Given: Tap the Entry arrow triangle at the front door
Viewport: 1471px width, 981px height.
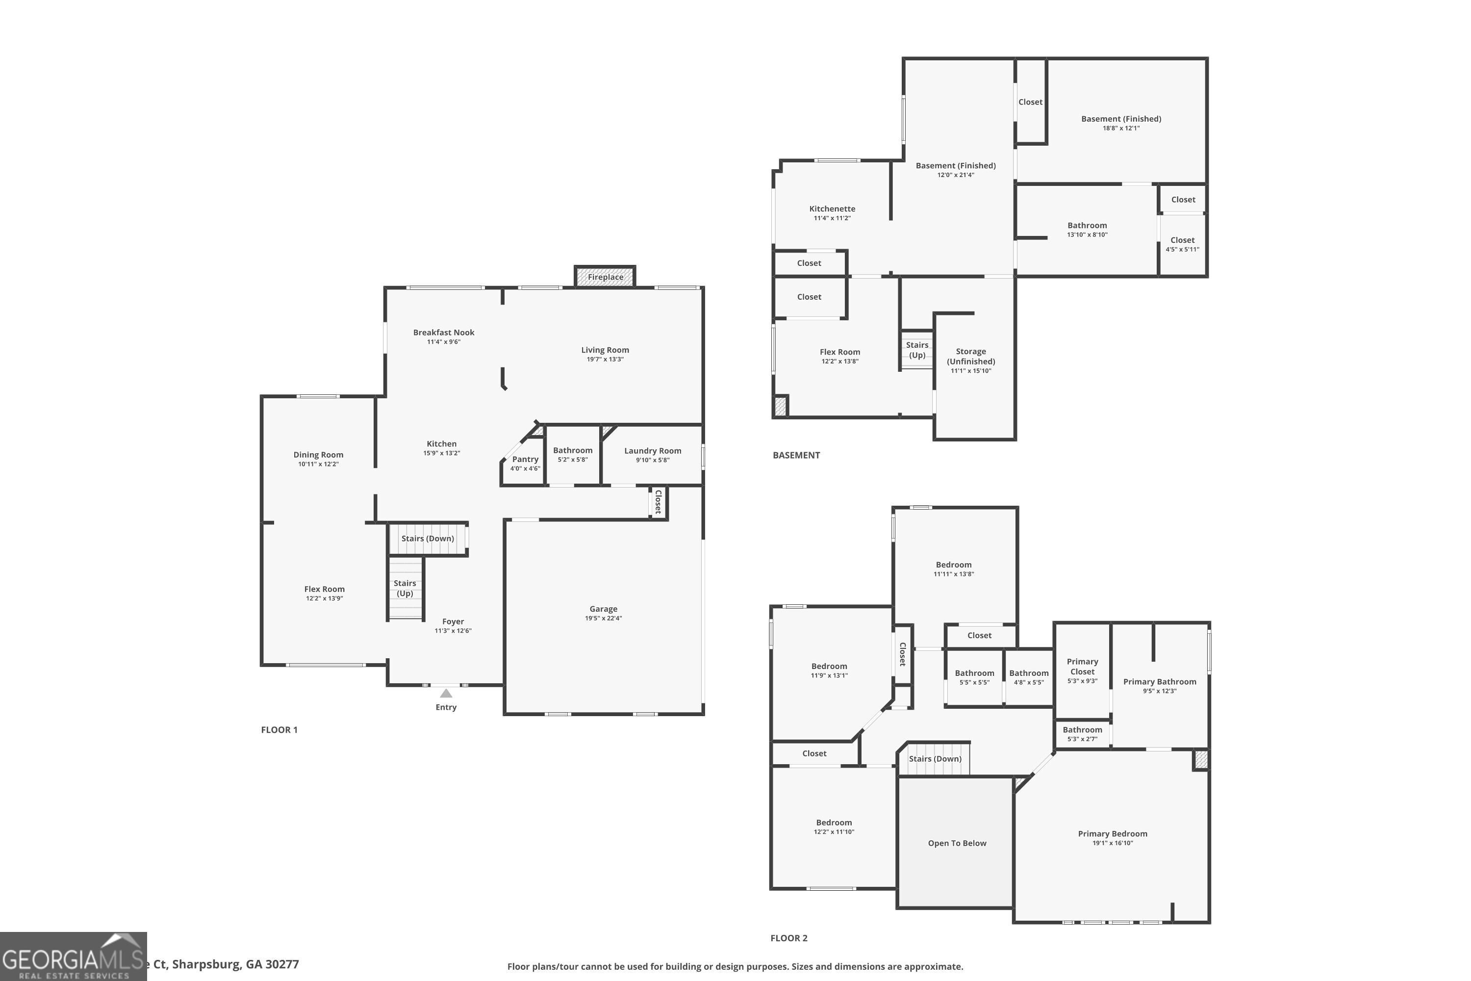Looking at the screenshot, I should point(446,693).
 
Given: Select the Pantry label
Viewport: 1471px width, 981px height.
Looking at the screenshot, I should point(525,459).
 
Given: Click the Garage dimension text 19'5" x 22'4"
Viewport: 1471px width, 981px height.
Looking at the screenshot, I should point(603,618).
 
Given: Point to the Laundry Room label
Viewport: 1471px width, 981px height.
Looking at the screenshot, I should point(652,450).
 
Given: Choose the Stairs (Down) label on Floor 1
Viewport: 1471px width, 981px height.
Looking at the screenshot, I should point(427,539).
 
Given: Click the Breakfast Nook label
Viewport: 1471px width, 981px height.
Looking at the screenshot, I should point(443,332).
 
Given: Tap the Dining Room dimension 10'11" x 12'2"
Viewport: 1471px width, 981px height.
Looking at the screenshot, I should point(318,464).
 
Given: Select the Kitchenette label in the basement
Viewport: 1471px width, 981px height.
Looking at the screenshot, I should point(832,209).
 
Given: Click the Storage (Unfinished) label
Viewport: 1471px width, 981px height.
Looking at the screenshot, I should point(971,357).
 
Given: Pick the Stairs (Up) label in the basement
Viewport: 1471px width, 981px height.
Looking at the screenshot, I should point(917,350).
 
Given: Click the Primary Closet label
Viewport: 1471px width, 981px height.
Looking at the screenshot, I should point(1082,666).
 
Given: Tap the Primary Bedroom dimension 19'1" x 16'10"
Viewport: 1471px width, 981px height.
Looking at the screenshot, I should point(1112,843).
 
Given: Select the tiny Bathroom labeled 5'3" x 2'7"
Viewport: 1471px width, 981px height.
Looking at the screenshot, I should point(1082,733).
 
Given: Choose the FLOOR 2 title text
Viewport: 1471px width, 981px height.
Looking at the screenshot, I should point(788,938).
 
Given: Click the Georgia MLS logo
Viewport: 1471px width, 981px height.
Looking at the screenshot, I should point(73,956).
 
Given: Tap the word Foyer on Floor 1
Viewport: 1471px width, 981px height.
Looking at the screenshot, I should point(453,621).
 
